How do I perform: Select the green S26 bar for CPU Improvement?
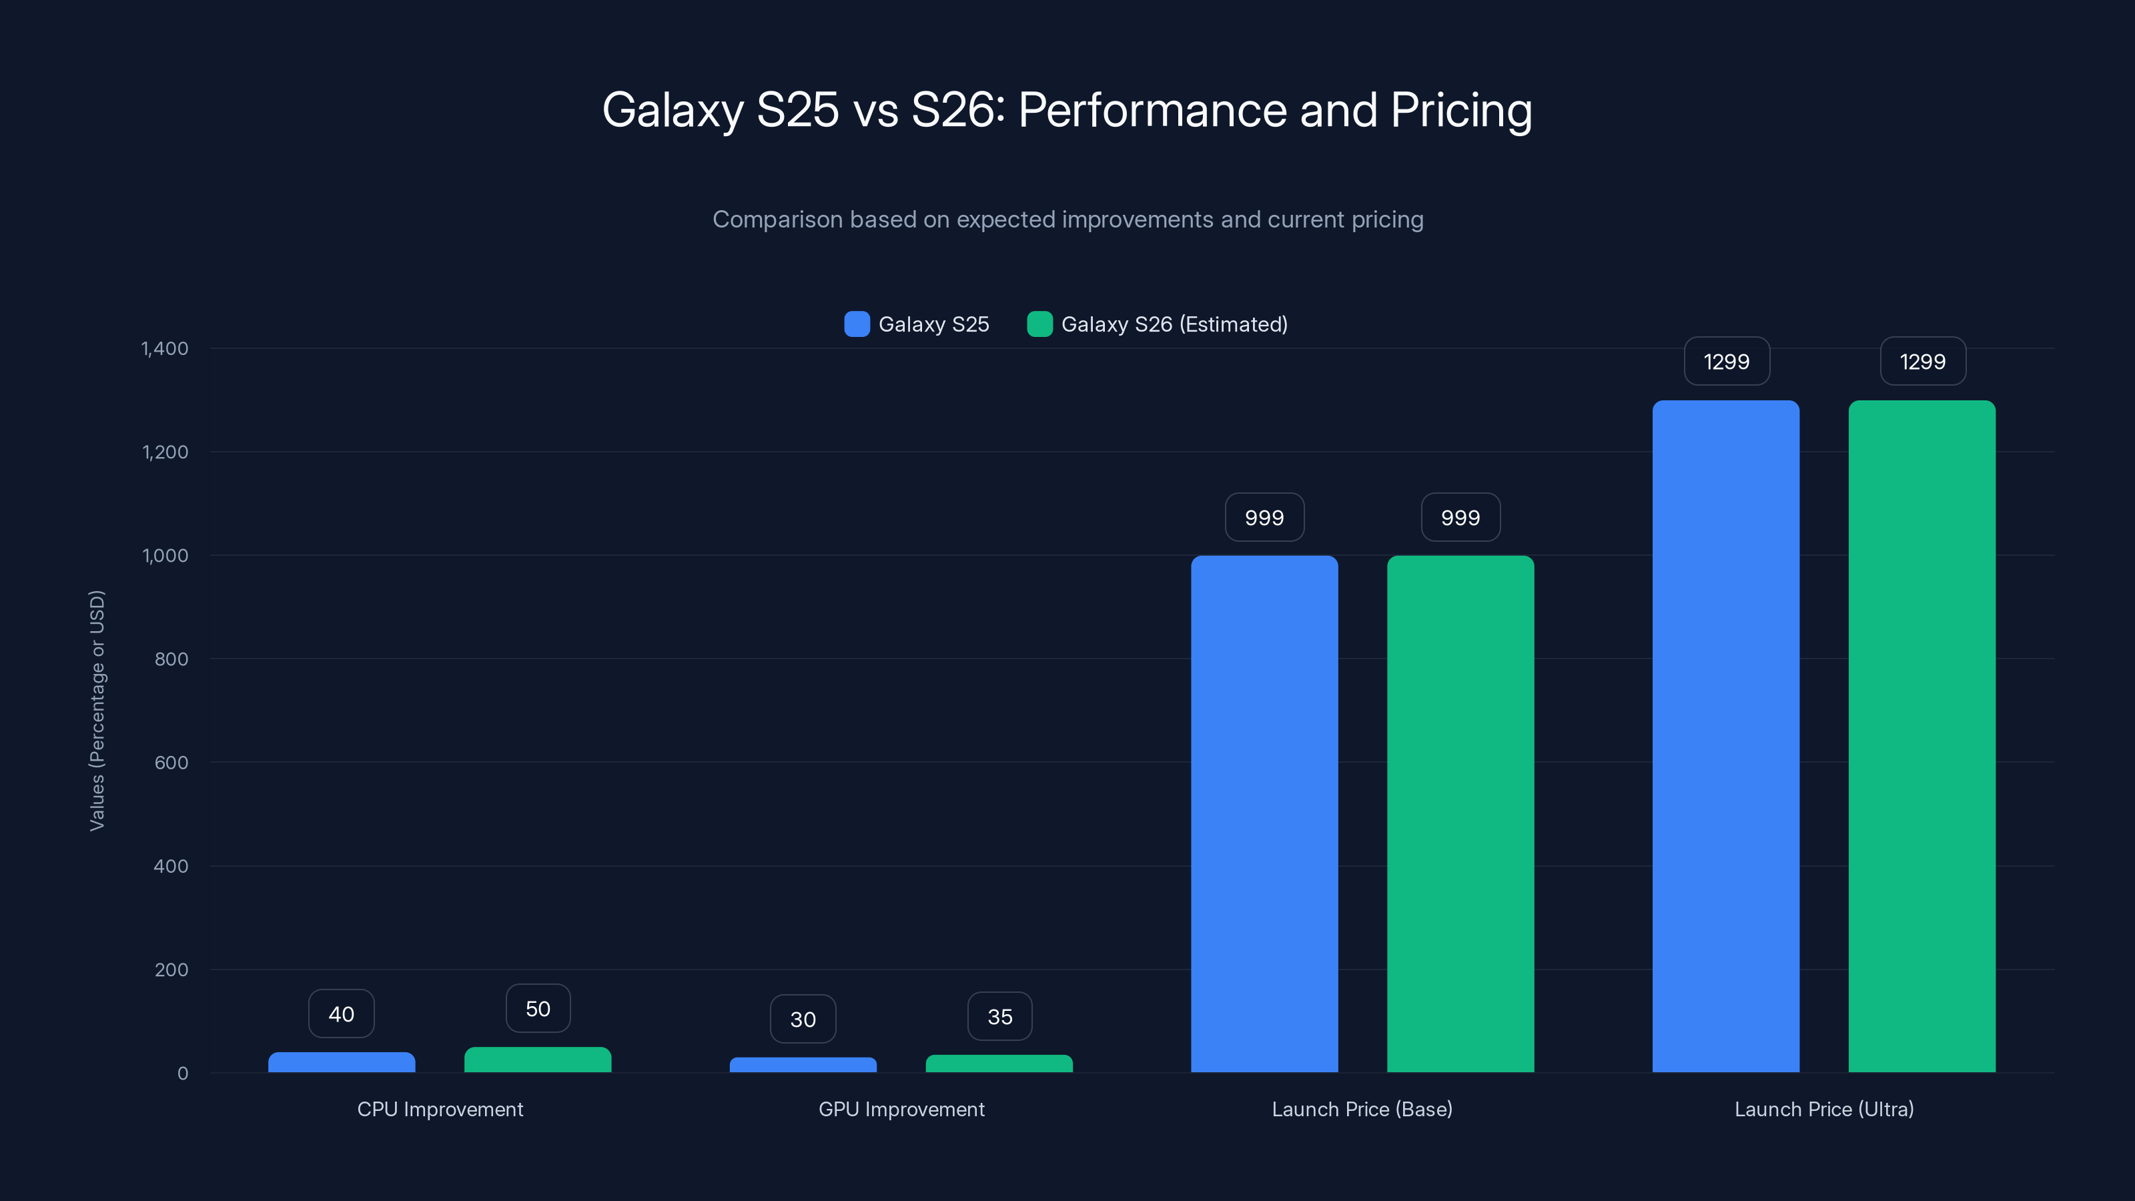(538, 1060)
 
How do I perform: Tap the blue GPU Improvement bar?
(803, 1064)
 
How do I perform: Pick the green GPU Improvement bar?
(999, 1064)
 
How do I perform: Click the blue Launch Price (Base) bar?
(1264, 812)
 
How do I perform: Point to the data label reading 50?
(538, 1009)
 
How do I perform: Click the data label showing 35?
(999, 1016)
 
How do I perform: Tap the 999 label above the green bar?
(1460, 517)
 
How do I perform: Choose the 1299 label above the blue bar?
(1727, 362)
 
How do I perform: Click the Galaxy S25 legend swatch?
(857, 324)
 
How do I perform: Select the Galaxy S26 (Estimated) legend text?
(1174, 324)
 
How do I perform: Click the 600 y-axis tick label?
(171, 763)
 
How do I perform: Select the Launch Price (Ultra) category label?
(1823, 1109)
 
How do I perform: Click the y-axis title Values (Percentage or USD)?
(97, 711)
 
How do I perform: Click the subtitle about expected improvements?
(1067, 220)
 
